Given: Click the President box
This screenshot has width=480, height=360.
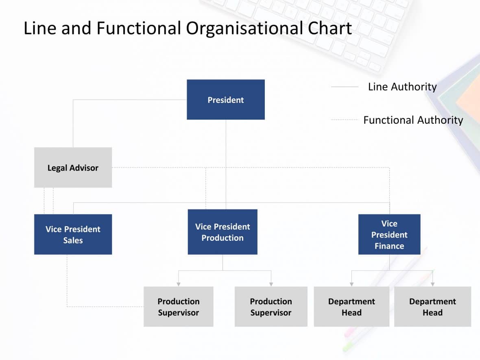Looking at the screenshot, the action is pyautogui.click(x=226, y=100).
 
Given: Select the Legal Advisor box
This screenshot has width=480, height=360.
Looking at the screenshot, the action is pyautogui.click(x=73, y=168).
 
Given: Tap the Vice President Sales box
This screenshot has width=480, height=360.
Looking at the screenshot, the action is pyautogui.click(x=73, y=234).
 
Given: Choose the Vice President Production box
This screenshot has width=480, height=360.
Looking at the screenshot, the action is pyautogui.click(x=223, y=232).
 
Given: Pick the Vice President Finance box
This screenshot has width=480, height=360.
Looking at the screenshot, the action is pyautogui.click(x=389, y=234).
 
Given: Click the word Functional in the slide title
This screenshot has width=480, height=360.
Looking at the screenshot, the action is pyautogui.click(x=139, y=28).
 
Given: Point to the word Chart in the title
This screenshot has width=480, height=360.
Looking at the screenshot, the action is pyautogui.click(x=329, y=28).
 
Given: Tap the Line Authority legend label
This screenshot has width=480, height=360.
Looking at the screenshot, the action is pyautogui.click(x=402, y=87).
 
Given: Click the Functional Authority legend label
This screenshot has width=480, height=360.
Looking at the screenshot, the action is pyautogui.click(x=413, y=120).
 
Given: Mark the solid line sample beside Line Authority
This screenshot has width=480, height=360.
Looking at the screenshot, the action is pyautogui.click(x=345, y=87).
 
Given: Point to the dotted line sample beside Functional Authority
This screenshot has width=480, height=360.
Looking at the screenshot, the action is pyautogui.click(x=345, y=120).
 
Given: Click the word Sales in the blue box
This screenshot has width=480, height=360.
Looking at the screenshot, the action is pyautogui.click(x=73, y=240).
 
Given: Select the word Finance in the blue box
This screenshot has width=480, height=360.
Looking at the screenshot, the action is pyautogui.click(x=389, y=246).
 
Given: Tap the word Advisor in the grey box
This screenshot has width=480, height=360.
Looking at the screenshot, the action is pyautogui.click(x=84, y=168).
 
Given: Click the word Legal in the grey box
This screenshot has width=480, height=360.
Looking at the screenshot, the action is pyautogui.click(x=57, y=168).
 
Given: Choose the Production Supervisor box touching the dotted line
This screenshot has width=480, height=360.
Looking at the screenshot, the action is pyautogui.click(x=179, y=307).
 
